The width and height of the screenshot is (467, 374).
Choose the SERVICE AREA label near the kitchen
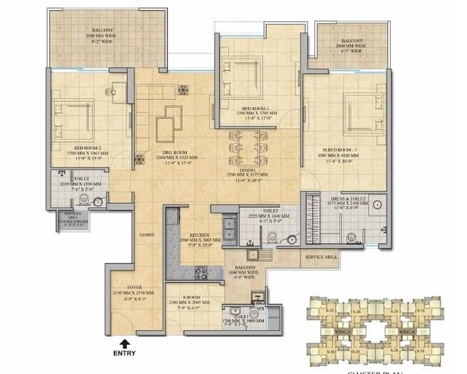320,256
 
